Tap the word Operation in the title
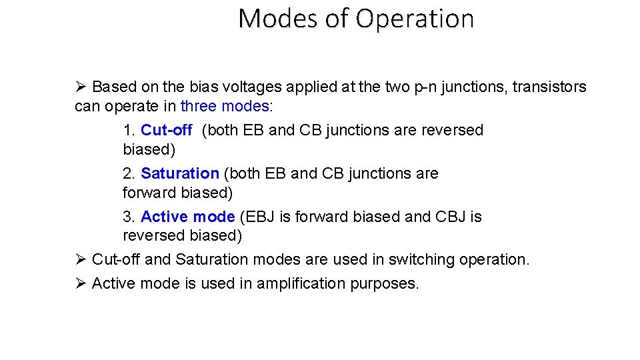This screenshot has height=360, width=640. click(x=414, y=19)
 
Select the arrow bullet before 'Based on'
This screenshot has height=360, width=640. click(x=81, y=87)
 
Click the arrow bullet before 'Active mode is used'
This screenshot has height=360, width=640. click(x=81, y=284)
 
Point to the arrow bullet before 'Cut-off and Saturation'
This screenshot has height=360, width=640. click(x=81, y=260)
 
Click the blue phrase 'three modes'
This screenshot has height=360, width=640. click(x=225, y=107)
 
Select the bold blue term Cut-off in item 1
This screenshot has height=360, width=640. click(x=166, y=131)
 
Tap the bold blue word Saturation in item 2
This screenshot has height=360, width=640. click(x=180, y=174)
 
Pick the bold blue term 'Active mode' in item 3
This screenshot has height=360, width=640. click(x=187, y=217)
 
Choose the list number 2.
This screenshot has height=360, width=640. click(x=129, y=174)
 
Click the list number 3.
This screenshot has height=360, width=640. click(x=129, y=217)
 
